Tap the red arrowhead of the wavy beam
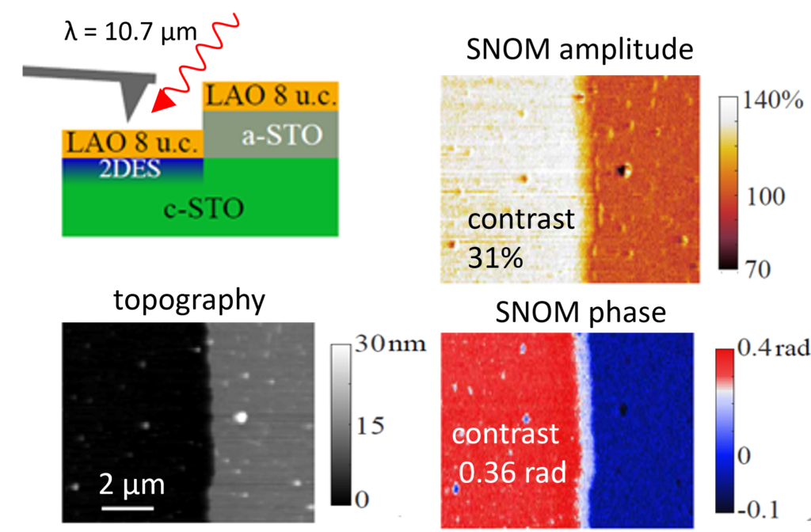[x=165, y=105]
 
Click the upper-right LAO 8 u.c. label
[x=272, y=97]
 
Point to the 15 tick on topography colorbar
[x=366, y=425]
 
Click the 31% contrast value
[x=496, y=256]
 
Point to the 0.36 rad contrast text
[x=513, y=473]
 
